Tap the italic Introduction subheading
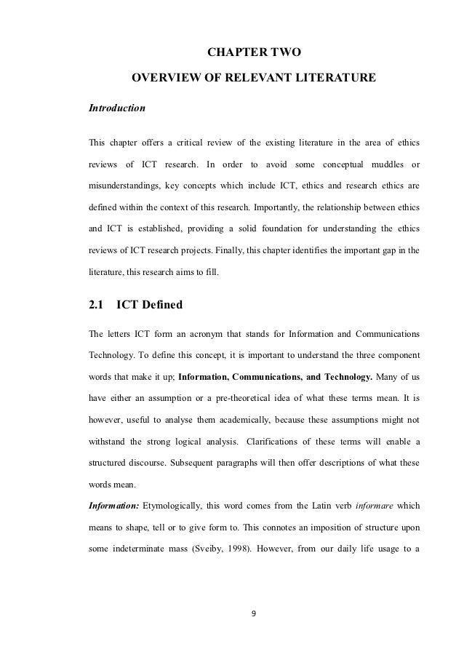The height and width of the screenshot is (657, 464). pos(117,108)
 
